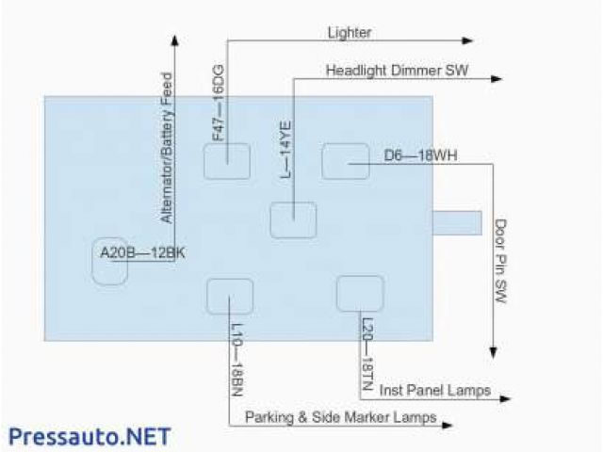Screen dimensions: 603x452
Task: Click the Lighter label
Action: point(349,32)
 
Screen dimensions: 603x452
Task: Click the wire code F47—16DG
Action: point(218,103)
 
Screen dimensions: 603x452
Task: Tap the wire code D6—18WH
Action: point(421,154)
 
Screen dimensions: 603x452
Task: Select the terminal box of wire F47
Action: point(227,161)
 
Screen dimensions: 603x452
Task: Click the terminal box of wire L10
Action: point(230,296)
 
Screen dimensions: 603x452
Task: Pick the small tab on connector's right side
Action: point(457,223)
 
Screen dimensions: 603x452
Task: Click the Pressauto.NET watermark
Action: point(90,436)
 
